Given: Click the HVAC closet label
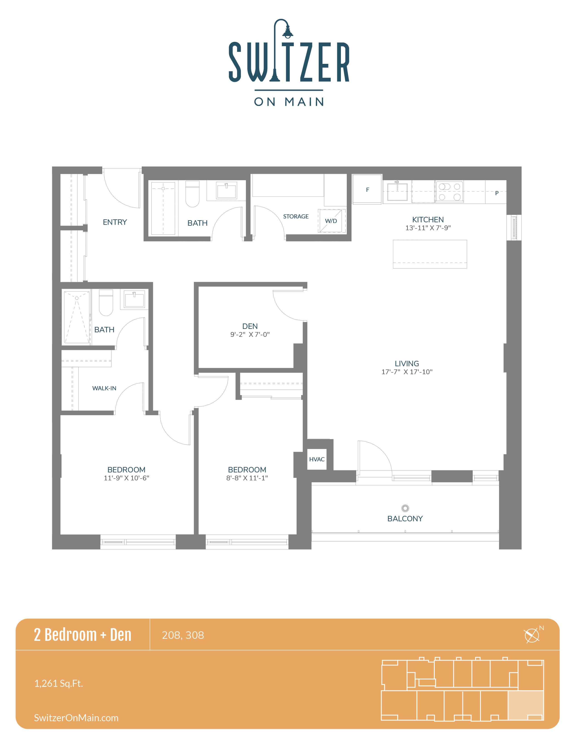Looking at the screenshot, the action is (x=317, y=459).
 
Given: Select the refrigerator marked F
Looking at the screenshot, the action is (x=367, y=189).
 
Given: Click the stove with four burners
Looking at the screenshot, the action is (x=449, y=191).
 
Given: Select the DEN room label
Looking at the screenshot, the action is (x=250, y=326).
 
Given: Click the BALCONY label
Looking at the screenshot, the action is (x=405, y=519).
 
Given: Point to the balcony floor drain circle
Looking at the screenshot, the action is (x=405, y=508).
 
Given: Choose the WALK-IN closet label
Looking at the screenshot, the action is (x=104, y=388).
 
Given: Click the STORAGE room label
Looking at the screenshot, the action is (x=296, y=216).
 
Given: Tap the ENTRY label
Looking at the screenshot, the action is (x=115, y=222).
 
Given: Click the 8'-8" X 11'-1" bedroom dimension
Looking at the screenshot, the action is (x=247, y=478).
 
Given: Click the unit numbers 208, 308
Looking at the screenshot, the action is (x=183, y=635).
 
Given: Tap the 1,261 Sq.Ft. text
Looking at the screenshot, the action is (x=58, y=683).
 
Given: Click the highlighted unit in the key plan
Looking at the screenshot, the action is (x=526, y=705).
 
